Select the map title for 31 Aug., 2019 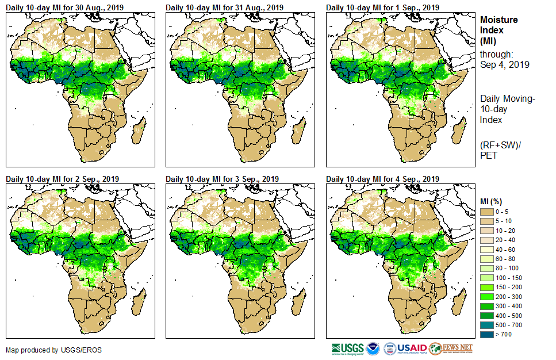pos(225,7)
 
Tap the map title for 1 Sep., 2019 pos(383,7)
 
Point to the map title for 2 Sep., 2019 pos(63,179)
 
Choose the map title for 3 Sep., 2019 pos(223,179)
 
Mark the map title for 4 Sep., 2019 pos(383,179)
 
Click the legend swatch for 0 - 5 pos(487,212)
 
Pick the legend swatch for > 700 pos(487,334)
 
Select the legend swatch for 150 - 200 pos(487,287)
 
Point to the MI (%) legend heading pos(492,201)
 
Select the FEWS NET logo pos(451,348)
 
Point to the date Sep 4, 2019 pos(505,64)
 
